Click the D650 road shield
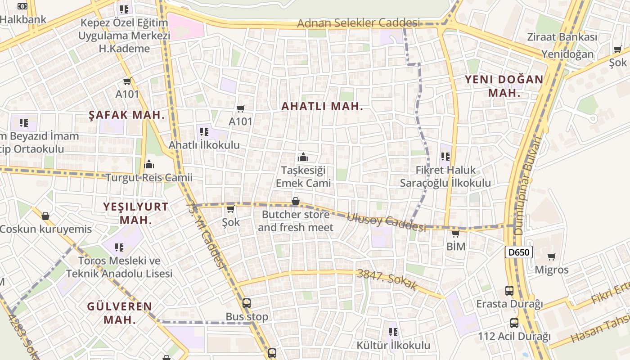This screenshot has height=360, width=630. click(x=518, y=252)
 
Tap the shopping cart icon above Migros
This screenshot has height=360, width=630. click(x=551, y=257)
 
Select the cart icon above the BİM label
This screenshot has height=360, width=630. click(x=455, y=234)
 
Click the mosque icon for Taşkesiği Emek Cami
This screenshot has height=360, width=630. click(x=303, y=157)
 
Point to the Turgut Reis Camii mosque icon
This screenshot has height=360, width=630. click(x=149, y=164)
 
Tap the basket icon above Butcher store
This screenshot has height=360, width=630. click(x=296, y=201)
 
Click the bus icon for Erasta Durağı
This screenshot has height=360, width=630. click(x=509, y=291)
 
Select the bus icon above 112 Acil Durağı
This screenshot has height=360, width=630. click(x=514, y=323)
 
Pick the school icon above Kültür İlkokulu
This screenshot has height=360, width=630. click(x=393, y=332)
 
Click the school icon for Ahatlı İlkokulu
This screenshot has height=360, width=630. click(x=204, y=132)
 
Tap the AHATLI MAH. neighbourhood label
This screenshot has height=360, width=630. click(x=322, y=107)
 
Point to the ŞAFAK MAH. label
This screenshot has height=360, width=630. click(x=127, y=115)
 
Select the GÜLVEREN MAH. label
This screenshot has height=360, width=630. click(x=119, y=313)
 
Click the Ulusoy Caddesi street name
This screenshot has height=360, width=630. click(x=386, y=222)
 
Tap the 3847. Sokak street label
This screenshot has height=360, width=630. click(x=387, y=279)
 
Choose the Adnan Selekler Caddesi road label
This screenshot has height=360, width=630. click(x=358, y=23)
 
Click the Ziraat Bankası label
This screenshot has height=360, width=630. click(x=562, y=37)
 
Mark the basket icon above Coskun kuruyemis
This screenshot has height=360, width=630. click(x=45, y=216)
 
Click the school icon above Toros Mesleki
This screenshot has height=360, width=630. click(x=119, y=247)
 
